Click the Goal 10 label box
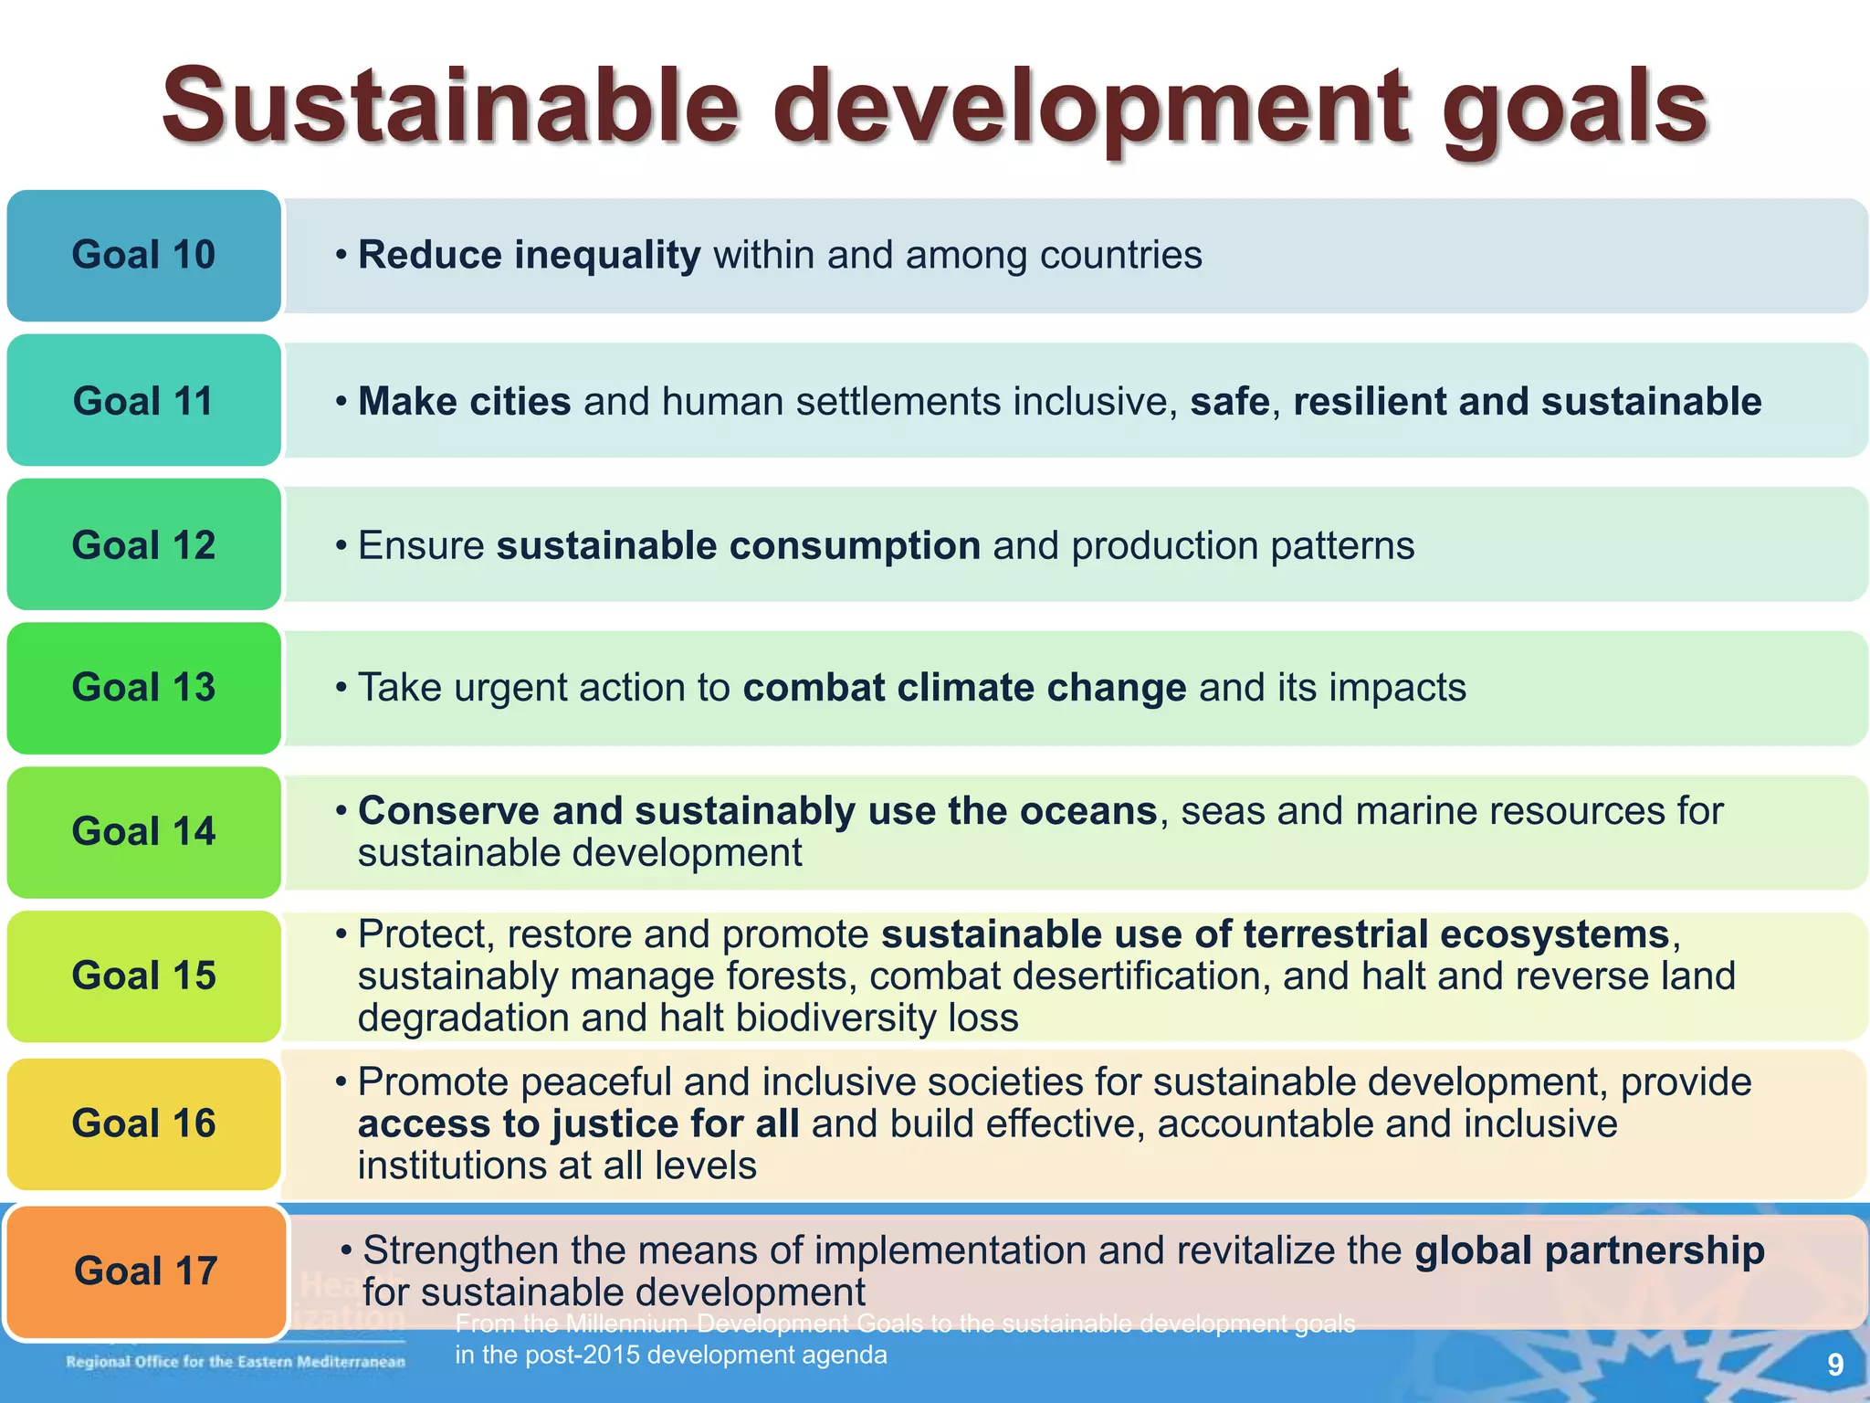tap(143, 255)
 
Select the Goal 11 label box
tap(143, 401)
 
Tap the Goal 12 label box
tap(143, 545)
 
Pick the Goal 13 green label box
tap(143, 688)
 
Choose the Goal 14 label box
tap(143, 832)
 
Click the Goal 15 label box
tap(143, 976)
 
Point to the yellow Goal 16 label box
tap(143, 1123)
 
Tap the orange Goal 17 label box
tap(145, 1271)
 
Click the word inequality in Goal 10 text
tap(607, 256)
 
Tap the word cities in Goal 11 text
tap(520, 402)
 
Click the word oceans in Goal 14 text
tap(1087, 811)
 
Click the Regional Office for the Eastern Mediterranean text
tap(236, 1362)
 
